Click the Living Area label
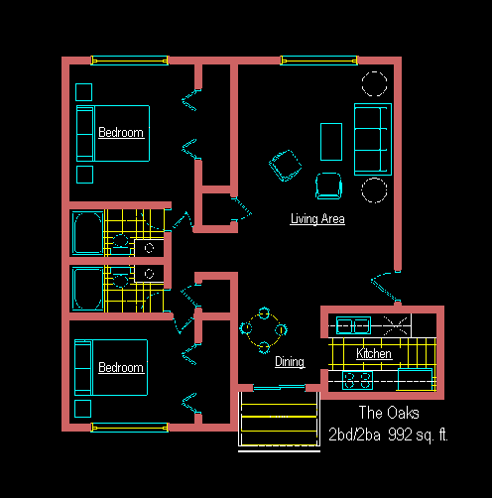coord(317,219)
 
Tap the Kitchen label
coord(374,353)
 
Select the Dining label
coord(290,362)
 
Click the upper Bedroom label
coord(121,132)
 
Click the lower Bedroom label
coord(121,367)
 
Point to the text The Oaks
coord(389,413)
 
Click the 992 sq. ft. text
coord(418,435)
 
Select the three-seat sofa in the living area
coord(373,139)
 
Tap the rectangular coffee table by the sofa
coord(331,142)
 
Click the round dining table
coord(264,329)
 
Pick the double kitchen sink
coord(353,325)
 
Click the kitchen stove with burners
coord(357,381)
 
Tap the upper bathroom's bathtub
coord(88,233)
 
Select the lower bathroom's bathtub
coord(88,289)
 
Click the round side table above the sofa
coord(374,83)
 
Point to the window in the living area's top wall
coord(319,61)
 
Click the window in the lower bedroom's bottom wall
coord(130,428)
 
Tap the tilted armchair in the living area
coord(286,166)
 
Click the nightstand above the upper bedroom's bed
coord(83,92)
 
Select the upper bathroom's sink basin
coord(120,240)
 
